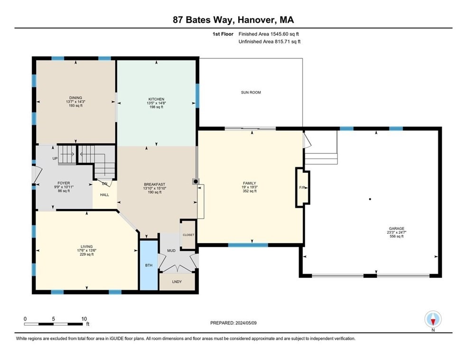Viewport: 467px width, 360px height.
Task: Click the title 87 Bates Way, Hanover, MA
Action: [233, 20]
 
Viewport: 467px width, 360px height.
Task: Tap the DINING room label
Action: [75, 97]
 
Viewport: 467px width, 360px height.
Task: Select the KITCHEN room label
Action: [156, 99]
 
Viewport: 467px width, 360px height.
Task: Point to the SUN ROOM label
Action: [251, 92]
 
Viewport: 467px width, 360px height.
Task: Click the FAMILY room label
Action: [249, 183]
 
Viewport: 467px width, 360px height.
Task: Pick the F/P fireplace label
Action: [302, 187]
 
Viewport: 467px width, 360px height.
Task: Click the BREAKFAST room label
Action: [155, 184]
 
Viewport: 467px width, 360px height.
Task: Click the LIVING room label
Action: [86, 246]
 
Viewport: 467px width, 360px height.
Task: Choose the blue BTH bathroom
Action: [148, 265]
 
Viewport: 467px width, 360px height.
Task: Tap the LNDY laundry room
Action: [177, 282]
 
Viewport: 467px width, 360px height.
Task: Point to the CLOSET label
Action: [188, 235]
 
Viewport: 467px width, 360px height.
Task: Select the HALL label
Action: [104, 195]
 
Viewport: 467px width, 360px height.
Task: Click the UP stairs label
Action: [55, 158]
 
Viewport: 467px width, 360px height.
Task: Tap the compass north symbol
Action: [433, 319]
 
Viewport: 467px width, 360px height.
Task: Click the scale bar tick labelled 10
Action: [84, 319]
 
